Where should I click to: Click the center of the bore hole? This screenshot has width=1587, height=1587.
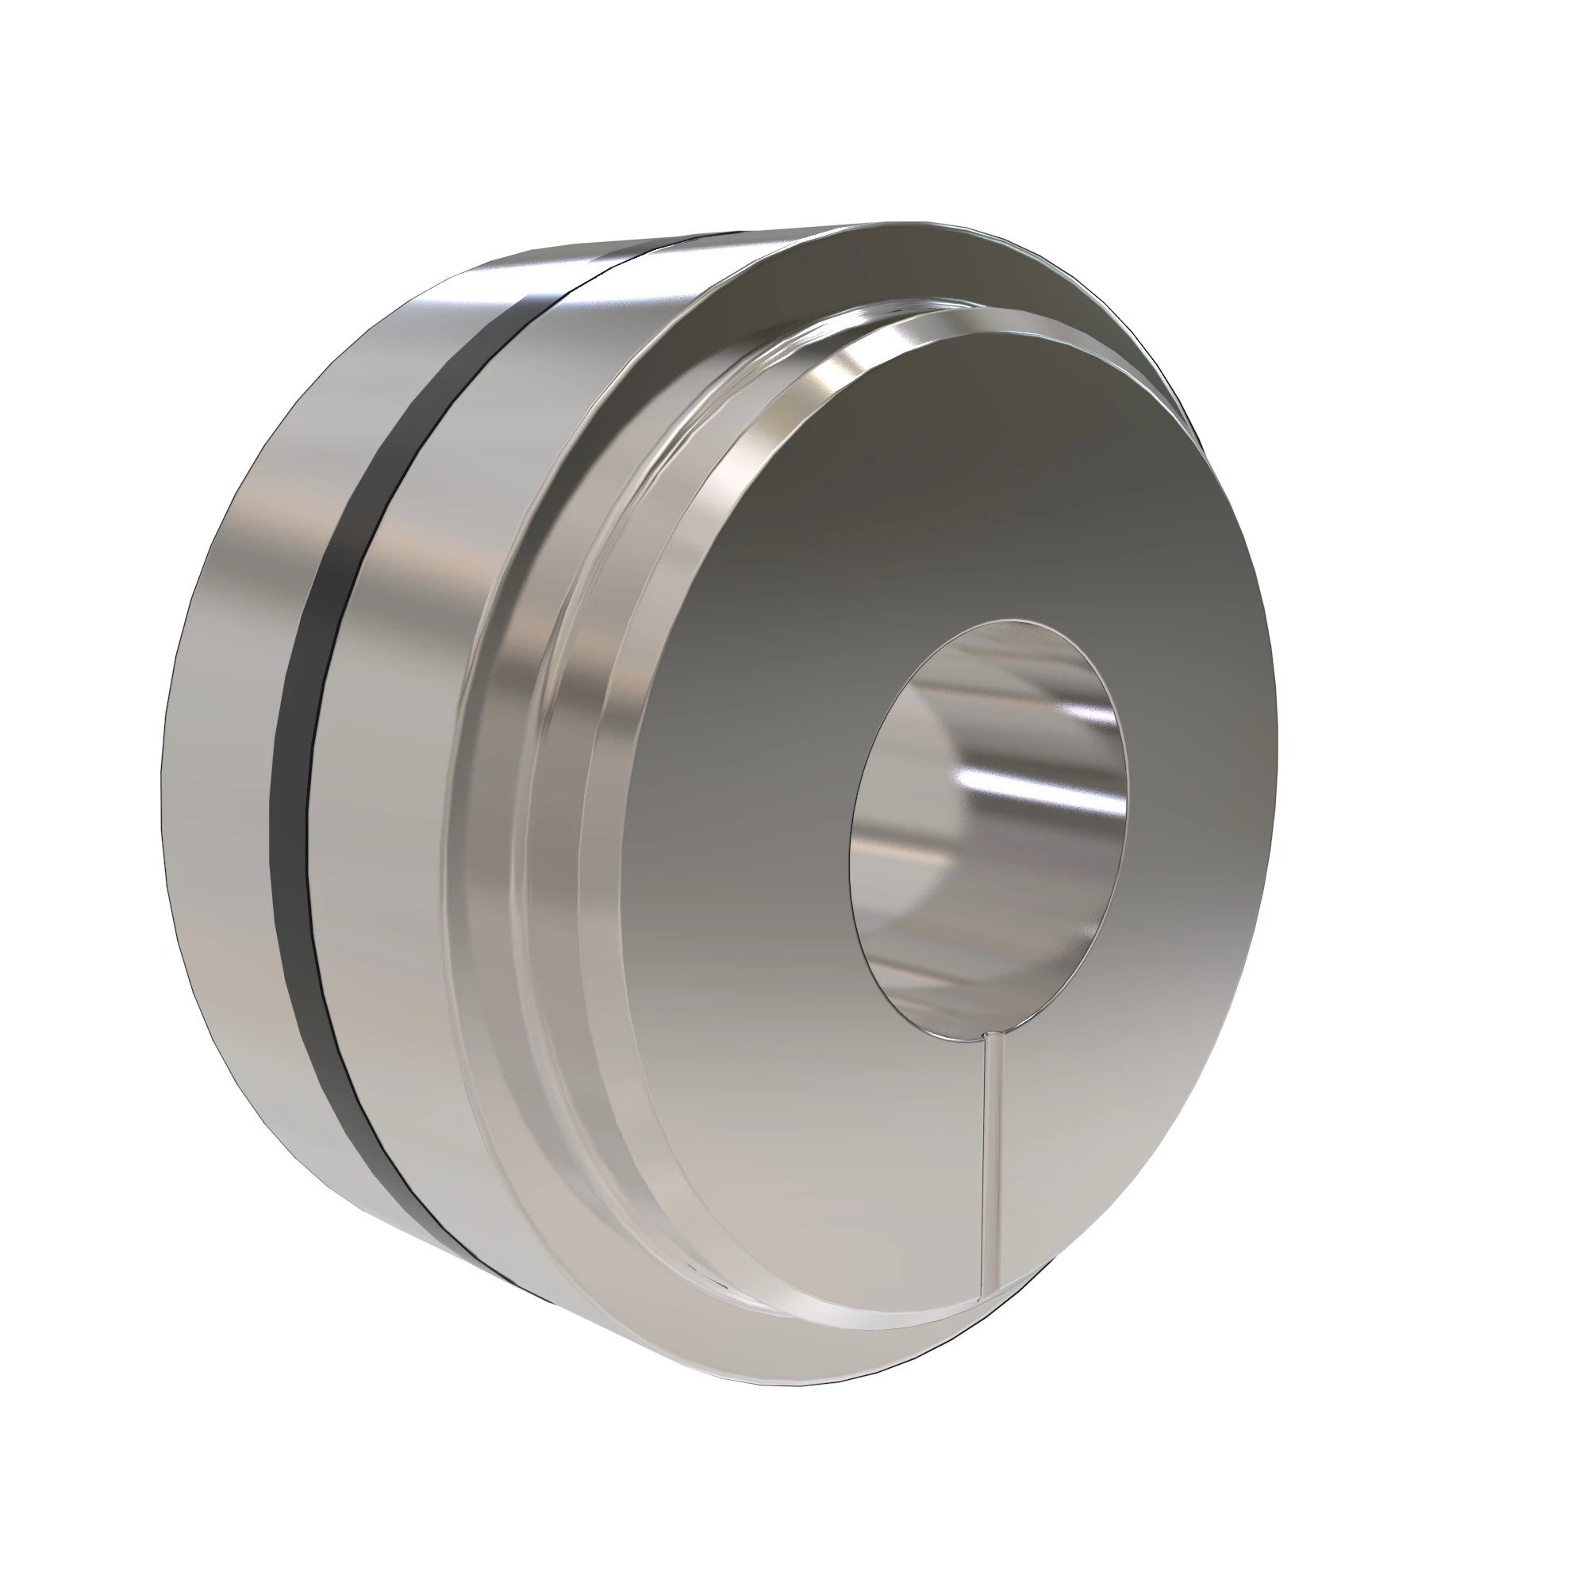pos(989,825)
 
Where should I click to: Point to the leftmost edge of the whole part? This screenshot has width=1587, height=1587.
pos(160,789)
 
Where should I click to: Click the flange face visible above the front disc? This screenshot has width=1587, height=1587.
pos(821,271)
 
